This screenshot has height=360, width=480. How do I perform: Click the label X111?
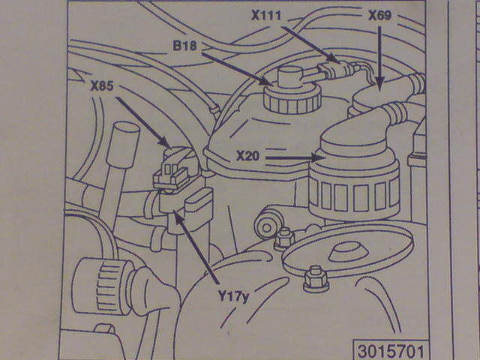click(x=265, y=15)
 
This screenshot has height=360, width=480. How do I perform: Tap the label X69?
click(x=379, y=15)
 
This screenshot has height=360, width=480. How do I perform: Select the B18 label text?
click(x=184, y=46)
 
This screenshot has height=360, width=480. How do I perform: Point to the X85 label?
click(x=102, y=86)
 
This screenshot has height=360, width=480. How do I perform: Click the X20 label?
click(x=248, y=156)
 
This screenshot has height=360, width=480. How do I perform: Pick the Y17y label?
click(x=233, y=297)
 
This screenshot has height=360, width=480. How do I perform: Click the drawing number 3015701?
click(x=391, y=351)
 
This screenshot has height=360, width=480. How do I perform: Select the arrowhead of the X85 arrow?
click(x=165, y=142)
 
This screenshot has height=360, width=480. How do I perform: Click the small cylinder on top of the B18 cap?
click(x=289, y=78)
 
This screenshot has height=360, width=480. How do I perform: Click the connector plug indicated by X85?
click(x=173, y=171)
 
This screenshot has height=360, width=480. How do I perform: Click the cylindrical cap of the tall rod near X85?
click(x=122, y=144)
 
